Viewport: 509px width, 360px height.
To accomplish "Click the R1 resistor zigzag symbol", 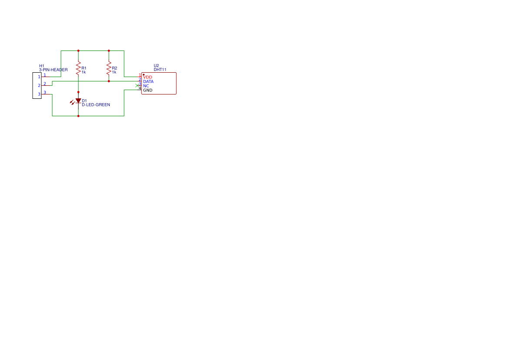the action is pos(78,68).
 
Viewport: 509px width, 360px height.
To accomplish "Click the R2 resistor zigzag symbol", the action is pos(109,68).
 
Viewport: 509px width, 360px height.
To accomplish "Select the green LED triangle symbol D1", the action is pos(78,101).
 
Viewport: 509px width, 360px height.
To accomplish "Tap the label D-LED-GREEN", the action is pos(96,105).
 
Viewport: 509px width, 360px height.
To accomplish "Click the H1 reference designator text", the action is pos(41,66).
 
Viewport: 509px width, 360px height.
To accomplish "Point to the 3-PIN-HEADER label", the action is pos(53,70).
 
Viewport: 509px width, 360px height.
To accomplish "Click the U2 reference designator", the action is pos(156,66).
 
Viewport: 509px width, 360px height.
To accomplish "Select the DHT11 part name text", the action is pos(160,70).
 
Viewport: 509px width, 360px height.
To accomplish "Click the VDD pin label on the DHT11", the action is pos(147,77).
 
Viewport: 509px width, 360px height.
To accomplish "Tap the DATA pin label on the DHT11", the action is pos(148,81).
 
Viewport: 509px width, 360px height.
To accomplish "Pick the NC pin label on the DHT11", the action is pos(146,86).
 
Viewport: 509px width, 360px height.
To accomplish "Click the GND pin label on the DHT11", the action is pos(148,90).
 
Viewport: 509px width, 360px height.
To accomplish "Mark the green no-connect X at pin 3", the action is pos(137,86).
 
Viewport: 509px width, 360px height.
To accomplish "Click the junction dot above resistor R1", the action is pos(78,50).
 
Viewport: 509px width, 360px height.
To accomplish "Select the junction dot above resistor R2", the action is pos(109,50).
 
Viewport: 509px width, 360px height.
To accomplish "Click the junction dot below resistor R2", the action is pos(109,81).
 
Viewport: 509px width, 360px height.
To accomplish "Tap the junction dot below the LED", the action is pos(78,116).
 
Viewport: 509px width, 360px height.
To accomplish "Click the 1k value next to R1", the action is pos(84,72).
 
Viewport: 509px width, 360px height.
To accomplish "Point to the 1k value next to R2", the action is pos(114,72).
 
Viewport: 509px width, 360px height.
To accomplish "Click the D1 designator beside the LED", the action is pos(84,101).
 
